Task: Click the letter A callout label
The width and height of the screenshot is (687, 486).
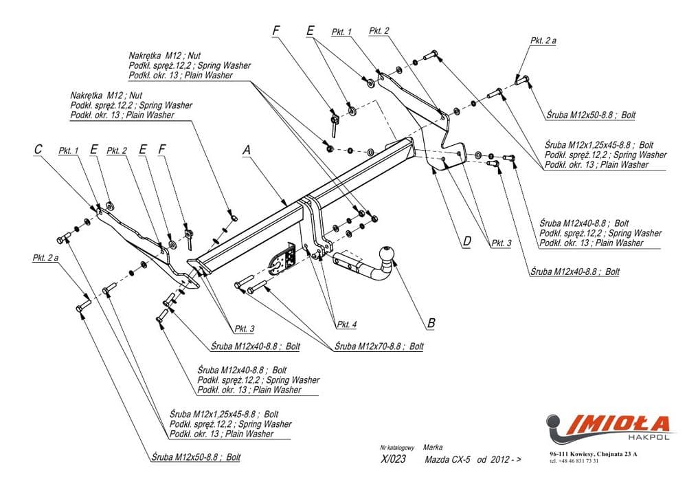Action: click(245, 149)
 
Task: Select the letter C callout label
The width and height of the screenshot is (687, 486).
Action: click(38, 149)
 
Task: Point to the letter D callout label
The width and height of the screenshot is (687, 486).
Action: click(466, 241)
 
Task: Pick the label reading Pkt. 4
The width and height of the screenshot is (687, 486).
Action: click(346, 324)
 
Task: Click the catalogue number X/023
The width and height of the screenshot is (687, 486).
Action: click(393, 460)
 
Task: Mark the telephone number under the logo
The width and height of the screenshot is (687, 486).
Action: click(574, 461)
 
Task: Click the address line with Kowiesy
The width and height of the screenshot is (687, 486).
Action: click(593, 454)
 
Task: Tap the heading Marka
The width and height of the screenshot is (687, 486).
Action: click(433, 447)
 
